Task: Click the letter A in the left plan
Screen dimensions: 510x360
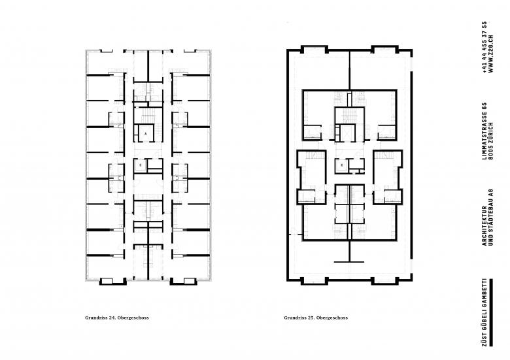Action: [x=146, y=133]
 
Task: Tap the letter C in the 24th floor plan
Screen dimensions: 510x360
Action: [x=141, y=165]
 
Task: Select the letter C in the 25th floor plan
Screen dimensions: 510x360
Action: [x=341, y=165]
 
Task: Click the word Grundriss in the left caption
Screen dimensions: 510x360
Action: [x=96, y=318]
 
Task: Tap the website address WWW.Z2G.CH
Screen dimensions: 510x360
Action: [x=491, y=54]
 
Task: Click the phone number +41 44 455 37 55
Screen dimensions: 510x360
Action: [x=484, y=47]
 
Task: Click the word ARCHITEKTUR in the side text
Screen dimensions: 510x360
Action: [x=484, y=226]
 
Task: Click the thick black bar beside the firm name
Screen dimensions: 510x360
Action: [x=491, y=312]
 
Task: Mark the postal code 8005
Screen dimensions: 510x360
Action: [x=491, y=154]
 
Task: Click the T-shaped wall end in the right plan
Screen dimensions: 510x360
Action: [x=349, y=261]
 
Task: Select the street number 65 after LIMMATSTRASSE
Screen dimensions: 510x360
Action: [x=484, y=106]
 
